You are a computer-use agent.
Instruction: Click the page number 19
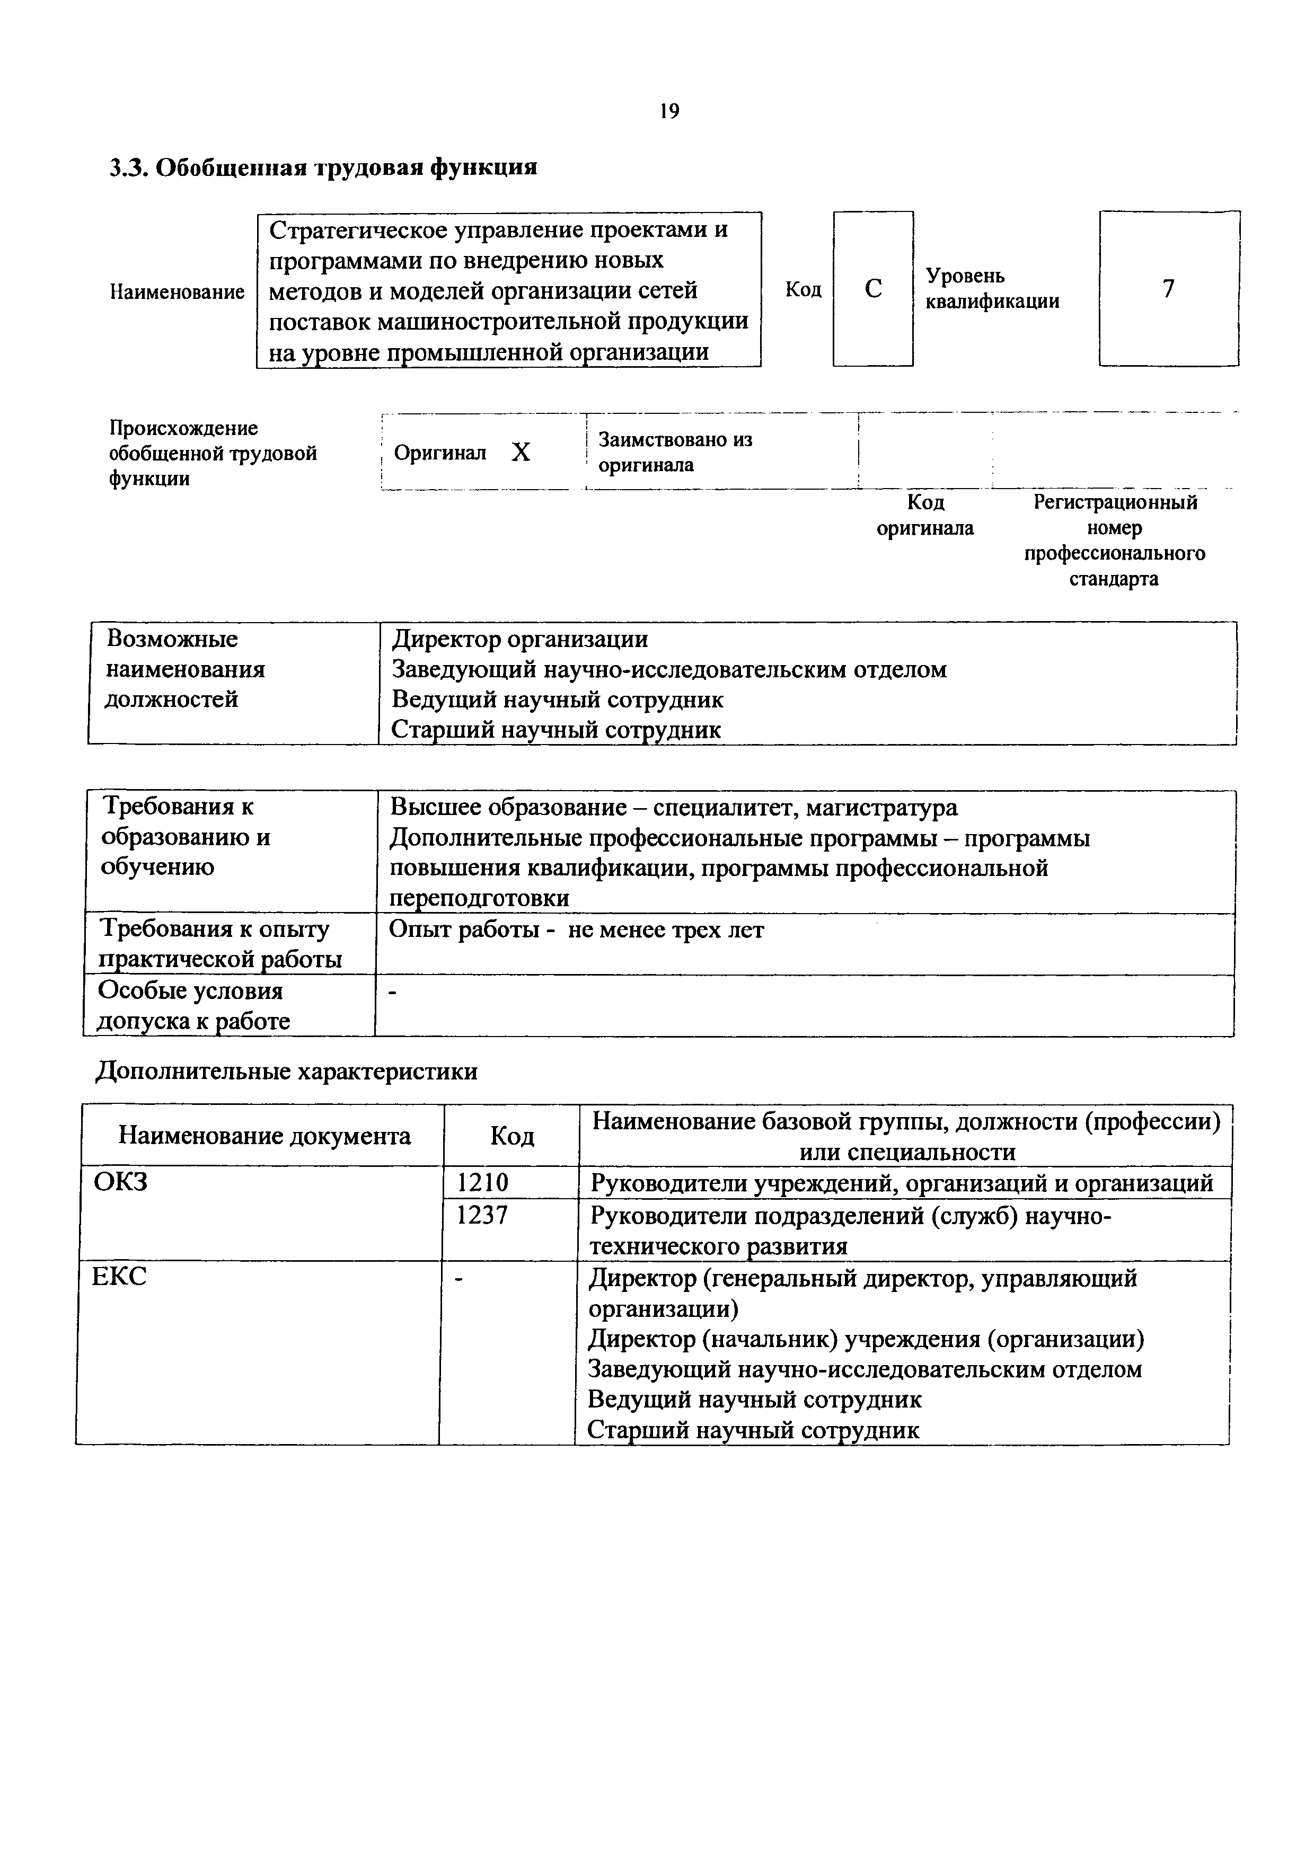(x=669, y=112)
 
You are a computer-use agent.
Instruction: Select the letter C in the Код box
(x=873, y=289)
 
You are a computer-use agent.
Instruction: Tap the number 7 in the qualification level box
(x=1168, y=289)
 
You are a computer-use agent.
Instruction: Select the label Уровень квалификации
(x=992, y=289)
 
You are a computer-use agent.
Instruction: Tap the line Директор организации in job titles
(x=520, y=640)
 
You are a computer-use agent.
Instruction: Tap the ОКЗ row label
(x=121, y=1183)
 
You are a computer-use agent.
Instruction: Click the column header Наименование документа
(x=264, y=1136)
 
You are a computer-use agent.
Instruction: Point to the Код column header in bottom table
(x=512, y=1137)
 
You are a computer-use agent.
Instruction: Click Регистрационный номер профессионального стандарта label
(x=1114, y=541)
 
